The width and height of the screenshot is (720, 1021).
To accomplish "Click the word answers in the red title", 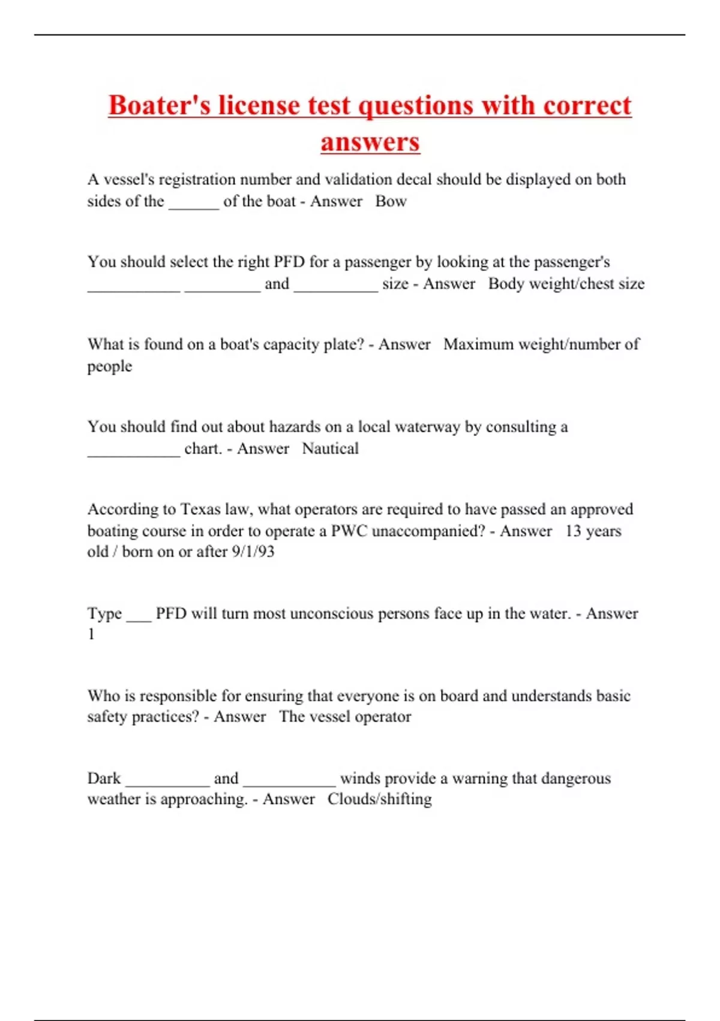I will [x=370, y=142].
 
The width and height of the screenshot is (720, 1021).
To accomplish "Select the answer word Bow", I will [x=391, y=201].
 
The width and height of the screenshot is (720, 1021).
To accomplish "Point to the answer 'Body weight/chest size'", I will [x=566, y=283].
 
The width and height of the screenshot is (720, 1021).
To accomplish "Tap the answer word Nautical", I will [x=330, y=449].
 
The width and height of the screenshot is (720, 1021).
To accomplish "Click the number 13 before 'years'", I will [x=573, y=531].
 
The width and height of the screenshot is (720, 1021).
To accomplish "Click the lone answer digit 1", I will [x=91, y=634].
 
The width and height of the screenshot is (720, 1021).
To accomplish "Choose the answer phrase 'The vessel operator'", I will [x=345, y=717].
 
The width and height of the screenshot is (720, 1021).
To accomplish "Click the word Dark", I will [x=104, y=778].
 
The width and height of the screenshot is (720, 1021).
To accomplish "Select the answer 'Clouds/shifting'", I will [x=379, y=799].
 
